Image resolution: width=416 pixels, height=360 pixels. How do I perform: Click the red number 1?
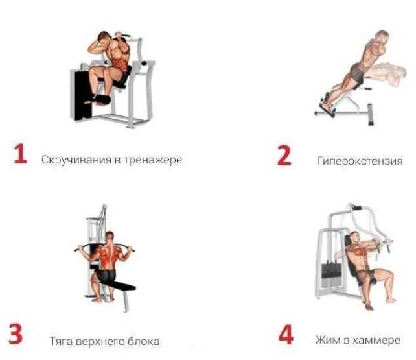21,154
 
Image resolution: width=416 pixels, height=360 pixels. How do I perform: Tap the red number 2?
284,155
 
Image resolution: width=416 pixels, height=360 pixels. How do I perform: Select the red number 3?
16,334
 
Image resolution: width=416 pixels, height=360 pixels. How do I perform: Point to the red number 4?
286,335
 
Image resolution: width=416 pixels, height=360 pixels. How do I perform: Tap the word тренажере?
153,160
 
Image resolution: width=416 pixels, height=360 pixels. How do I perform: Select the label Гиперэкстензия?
360,161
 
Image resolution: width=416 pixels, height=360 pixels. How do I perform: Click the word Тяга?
61,341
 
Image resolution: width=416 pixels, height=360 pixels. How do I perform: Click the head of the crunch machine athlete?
104,38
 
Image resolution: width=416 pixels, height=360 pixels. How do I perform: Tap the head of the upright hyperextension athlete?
382,36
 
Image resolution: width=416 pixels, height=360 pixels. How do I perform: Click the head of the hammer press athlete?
354,237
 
